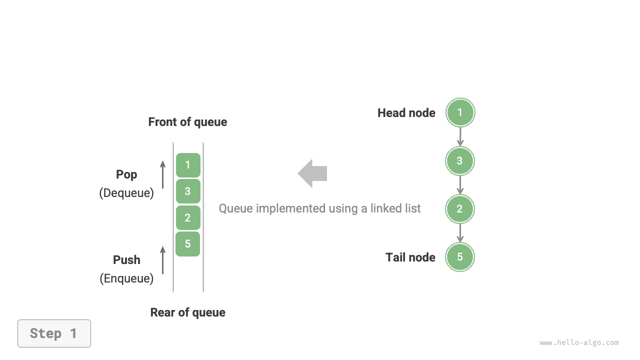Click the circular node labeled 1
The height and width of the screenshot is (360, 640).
point(460,112)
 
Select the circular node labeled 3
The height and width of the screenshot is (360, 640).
point(460,161)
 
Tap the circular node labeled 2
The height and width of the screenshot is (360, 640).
point(460,209)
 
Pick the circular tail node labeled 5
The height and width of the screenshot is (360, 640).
point(460,257)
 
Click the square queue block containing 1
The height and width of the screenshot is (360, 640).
point(188,165)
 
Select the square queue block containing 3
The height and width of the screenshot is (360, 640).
point(188,191)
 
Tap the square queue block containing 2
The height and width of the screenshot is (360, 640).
point(188,217)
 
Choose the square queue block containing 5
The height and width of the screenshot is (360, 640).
point(188,244)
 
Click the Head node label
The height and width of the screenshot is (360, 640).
point(406,113)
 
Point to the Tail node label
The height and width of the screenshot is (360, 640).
point(410,257)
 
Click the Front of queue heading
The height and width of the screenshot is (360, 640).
point(187,122)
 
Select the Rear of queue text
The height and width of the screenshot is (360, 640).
point(187,312)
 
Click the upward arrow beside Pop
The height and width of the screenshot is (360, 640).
point(162,174)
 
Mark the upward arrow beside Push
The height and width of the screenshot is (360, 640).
point(162,259)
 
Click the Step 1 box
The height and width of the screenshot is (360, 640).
point(54,333)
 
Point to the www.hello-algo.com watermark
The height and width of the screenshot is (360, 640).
point(579,343)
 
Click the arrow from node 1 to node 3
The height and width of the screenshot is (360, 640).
point(460,136)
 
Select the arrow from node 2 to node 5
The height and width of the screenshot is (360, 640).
point(460,233)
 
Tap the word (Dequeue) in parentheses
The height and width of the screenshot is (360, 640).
point(126,193)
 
